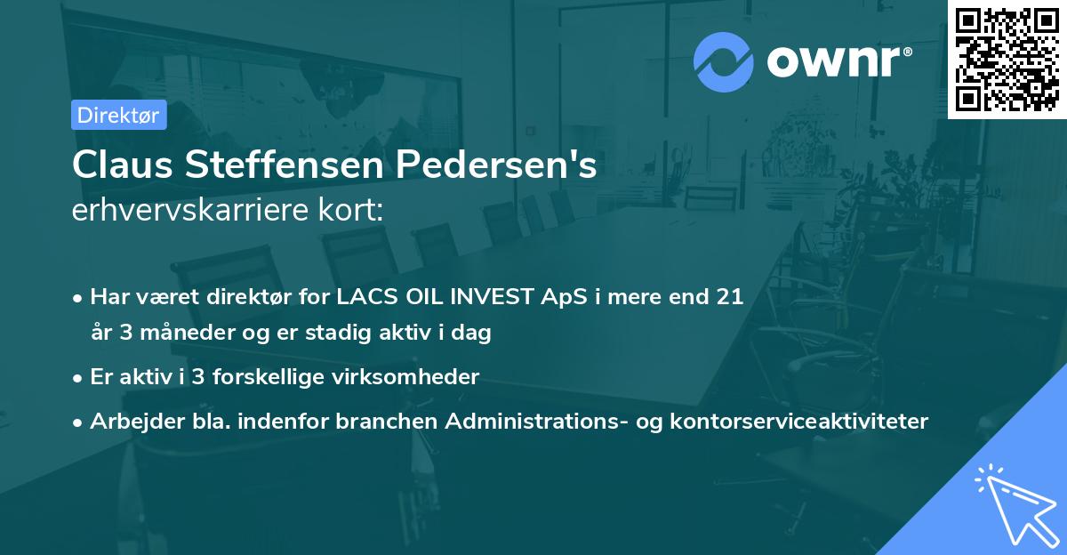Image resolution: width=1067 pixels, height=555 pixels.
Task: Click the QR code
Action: click(x=1007, y=60)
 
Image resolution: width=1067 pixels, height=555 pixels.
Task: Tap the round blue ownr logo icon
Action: click(x=723, y=61)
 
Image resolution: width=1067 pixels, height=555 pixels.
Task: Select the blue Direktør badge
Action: click(x=118, y=115)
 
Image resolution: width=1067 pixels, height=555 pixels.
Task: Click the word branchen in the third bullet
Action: click(x=375, y=421)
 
